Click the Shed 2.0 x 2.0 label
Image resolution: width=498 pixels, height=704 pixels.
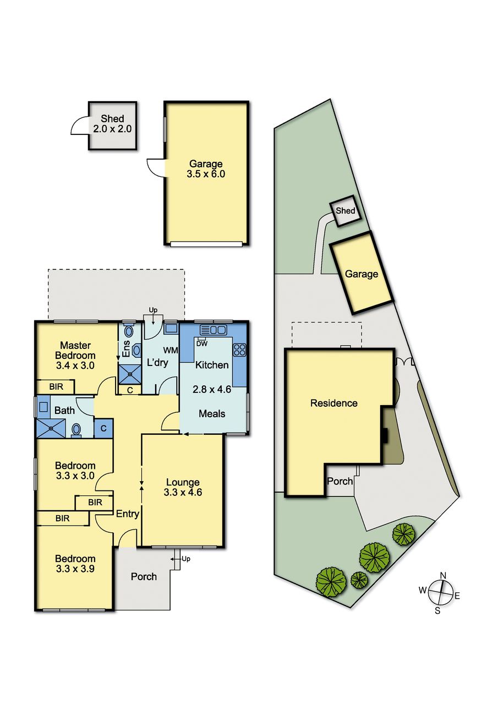coord(112,124)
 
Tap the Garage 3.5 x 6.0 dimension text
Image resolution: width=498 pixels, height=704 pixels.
coord(206,174)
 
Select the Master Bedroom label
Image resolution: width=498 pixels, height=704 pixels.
coord(75,351)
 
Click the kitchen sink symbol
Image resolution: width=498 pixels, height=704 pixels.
coord(214,330)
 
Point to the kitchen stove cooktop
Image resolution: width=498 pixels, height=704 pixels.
coord(239,350)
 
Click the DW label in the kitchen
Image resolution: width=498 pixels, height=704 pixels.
coord(202,344)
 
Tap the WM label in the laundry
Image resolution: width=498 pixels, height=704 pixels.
coord(171,350)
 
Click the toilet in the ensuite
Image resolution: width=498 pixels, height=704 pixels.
coord(137,351)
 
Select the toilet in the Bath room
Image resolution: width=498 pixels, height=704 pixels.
coord(76,430)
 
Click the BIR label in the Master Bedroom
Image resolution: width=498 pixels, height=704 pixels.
coord(56,386)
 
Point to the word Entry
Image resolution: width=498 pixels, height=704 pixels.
coord(127,514)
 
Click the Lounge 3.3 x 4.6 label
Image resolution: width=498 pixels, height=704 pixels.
coord(183,487)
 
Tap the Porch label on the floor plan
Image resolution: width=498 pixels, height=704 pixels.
coord(144,577)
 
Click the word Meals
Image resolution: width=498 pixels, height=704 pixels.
coord(212,413)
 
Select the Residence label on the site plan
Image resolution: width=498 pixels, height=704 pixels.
coord(333,403)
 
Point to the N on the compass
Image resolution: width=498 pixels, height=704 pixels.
coord(443,575)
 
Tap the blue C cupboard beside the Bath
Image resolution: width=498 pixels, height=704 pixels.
coord(103,428)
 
